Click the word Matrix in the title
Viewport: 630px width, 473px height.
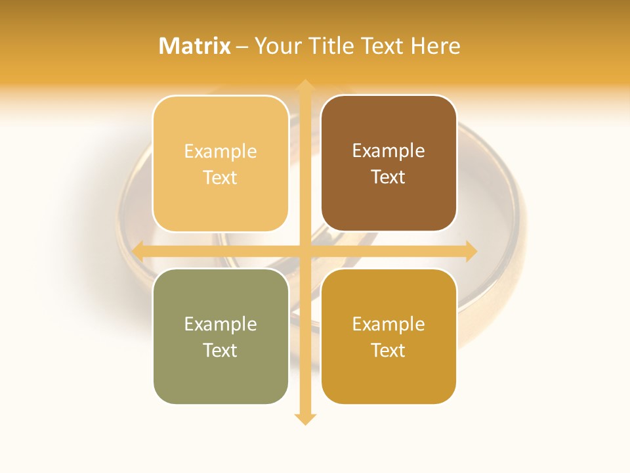click(x=195, y=46)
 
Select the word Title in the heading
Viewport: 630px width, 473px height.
click(x=327, y=46)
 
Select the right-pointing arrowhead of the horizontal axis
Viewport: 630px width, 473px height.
click(x=471, y=251)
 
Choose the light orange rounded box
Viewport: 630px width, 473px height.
click(x=220, y=164)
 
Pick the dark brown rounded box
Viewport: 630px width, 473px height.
click(x=388, y=164)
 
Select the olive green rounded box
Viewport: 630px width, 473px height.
click(x=220, y=336)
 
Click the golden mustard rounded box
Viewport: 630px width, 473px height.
click(x=388, y=336)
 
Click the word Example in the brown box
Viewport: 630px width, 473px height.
click(x=388, y=150)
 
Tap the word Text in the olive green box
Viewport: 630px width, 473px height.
click(x=220, y=350)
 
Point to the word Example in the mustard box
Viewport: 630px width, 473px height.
click(x=388, y=324)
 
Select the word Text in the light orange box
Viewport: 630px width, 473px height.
click(x=220, y=177)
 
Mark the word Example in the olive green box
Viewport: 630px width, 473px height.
click(x=220, y=324)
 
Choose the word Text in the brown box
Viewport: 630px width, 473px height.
click(x=388, y=177)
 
